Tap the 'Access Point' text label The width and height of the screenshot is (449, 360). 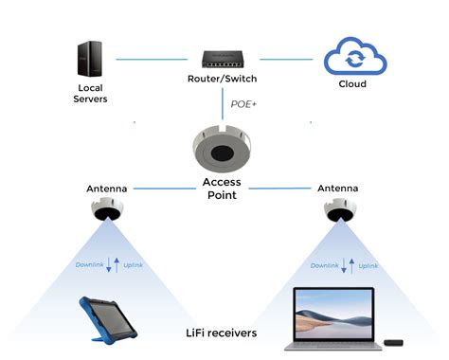coord(223,189)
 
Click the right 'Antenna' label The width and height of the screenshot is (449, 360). coord(338,189)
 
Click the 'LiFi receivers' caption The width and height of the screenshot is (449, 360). coord(224,333)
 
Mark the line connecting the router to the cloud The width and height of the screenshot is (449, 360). coord(288,59)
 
